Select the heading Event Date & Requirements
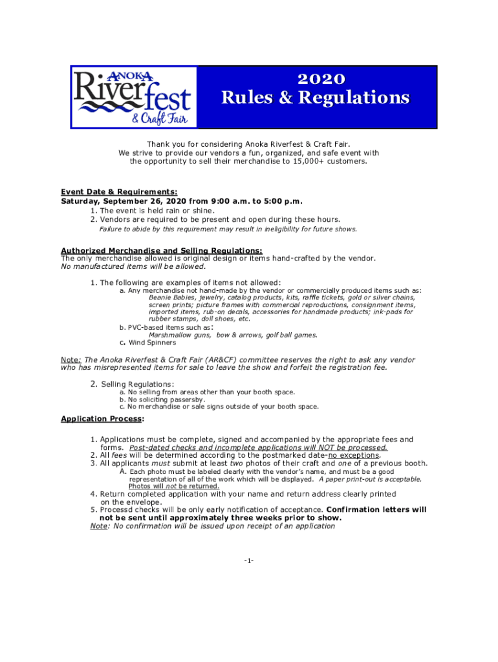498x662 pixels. coord(119,192)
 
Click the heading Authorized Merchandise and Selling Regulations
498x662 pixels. coord(162,251)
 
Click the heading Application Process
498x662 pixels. coord(102,419)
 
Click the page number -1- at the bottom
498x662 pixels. coord(249,561)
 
